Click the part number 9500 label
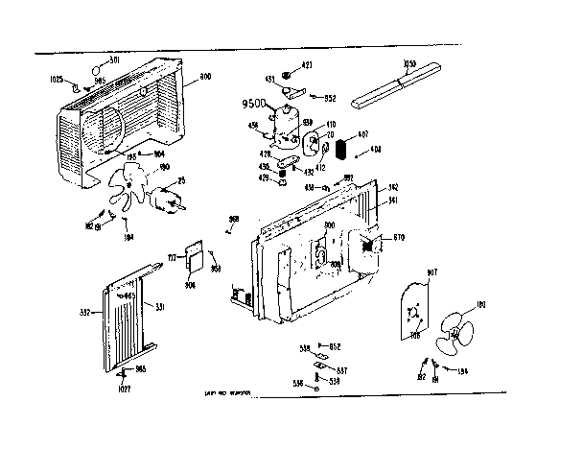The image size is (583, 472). click(x=255, y=103)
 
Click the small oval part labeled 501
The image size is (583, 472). click(x=97, y=69)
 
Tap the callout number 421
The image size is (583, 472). click(x=308, y=65)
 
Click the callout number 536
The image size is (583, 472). click(x=298, y=384)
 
